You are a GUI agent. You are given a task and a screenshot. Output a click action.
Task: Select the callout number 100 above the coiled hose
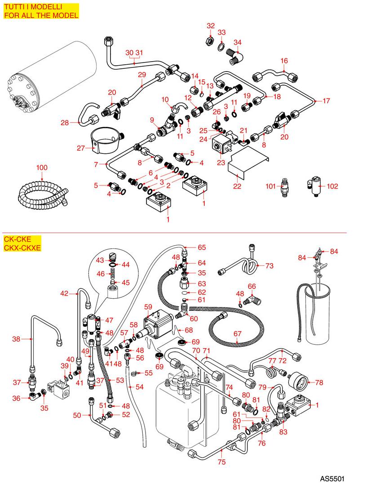(x=42, y=168)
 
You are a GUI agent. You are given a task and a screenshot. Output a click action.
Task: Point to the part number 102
(x=332, y=186)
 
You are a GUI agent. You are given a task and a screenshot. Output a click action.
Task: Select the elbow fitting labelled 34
(x=234, y=56)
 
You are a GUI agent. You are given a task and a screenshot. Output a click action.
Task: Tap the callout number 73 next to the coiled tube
(x=269, y=266)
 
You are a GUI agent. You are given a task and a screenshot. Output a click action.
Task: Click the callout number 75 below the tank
(x=222, y=462)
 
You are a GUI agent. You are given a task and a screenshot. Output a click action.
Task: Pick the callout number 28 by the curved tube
(x=66, y=122)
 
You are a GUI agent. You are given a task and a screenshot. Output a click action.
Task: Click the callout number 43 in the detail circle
(x=100, y=260)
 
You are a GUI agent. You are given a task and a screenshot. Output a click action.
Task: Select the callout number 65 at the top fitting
(x=202, y=247)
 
